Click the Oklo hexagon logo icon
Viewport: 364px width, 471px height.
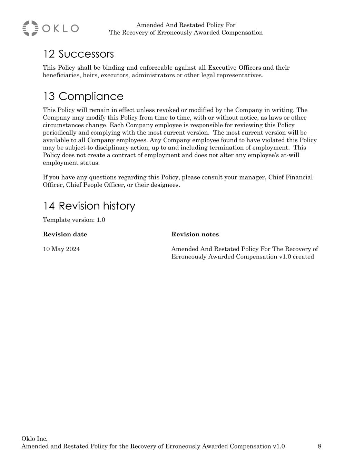click(30, 28)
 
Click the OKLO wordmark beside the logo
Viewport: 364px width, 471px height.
click(60, 28)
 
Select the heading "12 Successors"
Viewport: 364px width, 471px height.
click(78, 54)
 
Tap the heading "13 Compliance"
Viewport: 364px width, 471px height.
click(83, 96)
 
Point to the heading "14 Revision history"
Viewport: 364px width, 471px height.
click(89, 206)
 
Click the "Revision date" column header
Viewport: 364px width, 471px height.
click(65, 235)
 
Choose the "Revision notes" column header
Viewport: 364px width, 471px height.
click(195, 235)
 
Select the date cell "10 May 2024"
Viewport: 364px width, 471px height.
click(61, 249)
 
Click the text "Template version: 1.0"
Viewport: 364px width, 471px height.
click(74, 220)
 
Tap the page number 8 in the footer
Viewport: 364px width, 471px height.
click(319, 447)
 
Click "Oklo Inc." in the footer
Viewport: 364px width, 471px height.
click(35, 439)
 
